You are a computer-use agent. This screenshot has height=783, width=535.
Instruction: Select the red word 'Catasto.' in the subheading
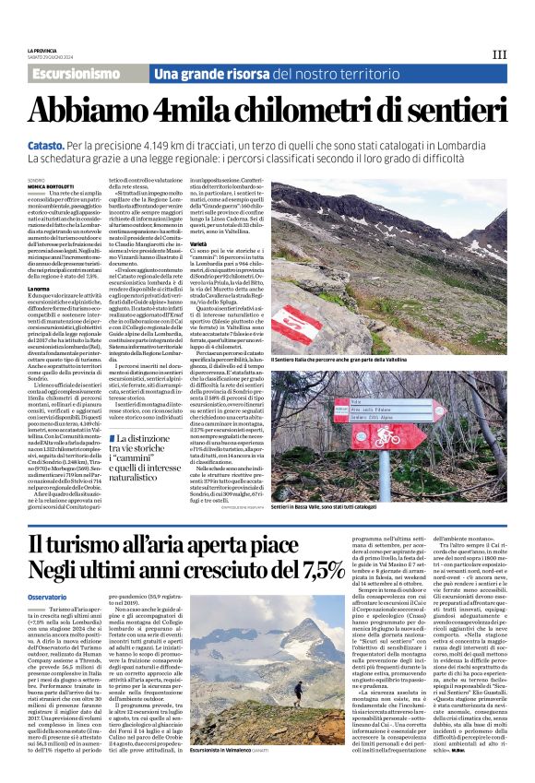[48, 146]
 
